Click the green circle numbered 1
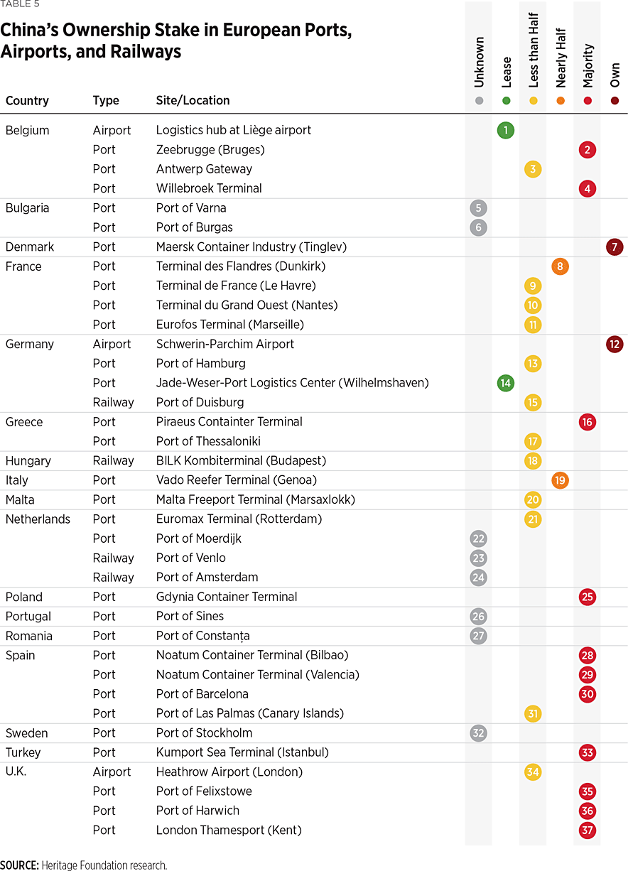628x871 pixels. [x=506, y=130]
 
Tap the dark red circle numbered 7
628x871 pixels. [x=615, y=247]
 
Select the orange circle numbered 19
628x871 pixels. [x=560, y=480]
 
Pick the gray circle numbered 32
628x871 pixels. [x=479, y=733]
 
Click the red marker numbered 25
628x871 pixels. [x=587, y=597]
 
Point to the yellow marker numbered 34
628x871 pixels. [x=533, y=772]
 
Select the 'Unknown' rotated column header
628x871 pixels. [x=479, y=62]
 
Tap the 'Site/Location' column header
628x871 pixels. [x=193, y=100]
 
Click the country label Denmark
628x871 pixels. [x=30, y=247]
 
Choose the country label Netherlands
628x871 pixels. [x=38, y=519]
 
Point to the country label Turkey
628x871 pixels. [x=23, y=752]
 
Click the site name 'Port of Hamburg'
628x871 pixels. [x=201, y=363]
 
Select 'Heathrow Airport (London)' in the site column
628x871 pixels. [x=229, y=772]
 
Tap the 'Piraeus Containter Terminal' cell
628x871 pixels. [x=229, y=421]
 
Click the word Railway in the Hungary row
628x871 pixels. [x=113, y=460]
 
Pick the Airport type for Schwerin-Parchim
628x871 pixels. [x=112, y=344]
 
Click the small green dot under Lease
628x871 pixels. [x=506, y=101]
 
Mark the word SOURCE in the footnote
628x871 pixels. [x=19, y=865]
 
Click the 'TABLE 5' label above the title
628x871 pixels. [x=20, y=4]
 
